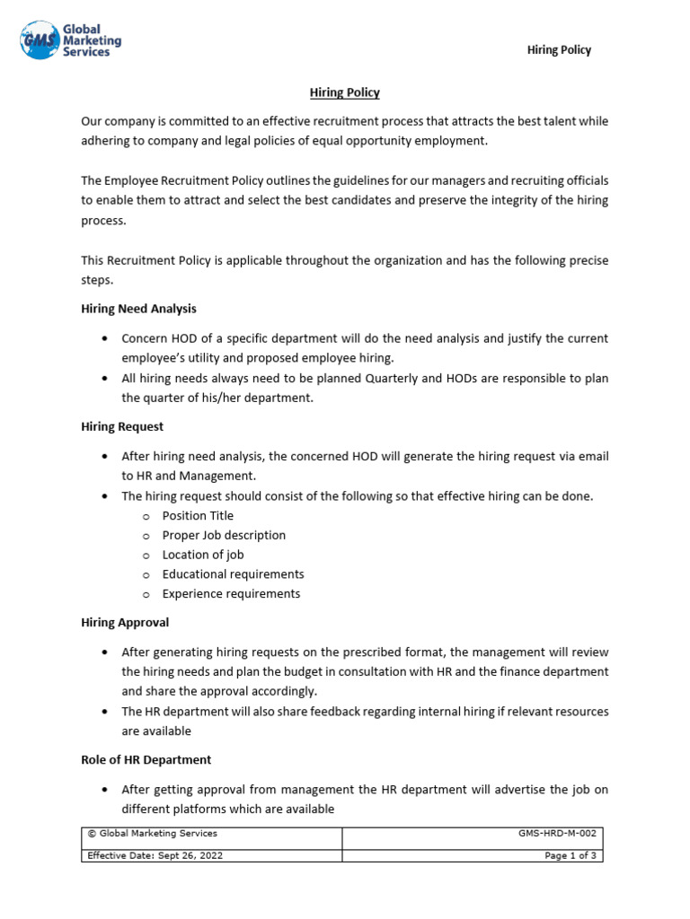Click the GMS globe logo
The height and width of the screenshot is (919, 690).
[x=40, y=40]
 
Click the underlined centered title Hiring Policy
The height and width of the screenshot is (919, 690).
[x=345, y=92]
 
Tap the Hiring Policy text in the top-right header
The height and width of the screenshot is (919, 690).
[x=559, y=50]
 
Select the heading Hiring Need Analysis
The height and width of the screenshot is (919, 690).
[x=138, y=309]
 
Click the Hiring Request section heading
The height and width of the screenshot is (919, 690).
[x=122, y=426]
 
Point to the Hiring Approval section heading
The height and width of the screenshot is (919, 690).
[x=125, y=622]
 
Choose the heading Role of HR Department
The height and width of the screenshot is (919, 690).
[x=146, y=759]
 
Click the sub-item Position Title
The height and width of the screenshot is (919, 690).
[x=198, y=516]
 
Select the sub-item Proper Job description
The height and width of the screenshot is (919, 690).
[x=224, y=536]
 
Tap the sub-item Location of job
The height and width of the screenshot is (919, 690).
[x=203, y=555]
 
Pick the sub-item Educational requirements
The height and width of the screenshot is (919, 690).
[x=233, y=574]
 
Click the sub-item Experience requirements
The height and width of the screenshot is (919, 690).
[x=231, y=594]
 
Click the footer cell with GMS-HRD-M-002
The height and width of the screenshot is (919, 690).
[x=472, y=834]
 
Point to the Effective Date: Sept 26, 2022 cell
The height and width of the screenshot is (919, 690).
[x=212, y=855]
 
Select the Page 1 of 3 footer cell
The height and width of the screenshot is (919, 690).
[x=472, y=855]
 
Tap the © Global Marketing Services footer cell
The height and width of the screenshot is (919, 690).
[x=212, y=834]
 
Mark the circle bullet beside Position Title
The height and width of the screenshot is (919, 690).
[x=146, y=517]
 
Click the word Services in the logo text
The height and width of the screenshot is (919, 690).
[x=86, y=52]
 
